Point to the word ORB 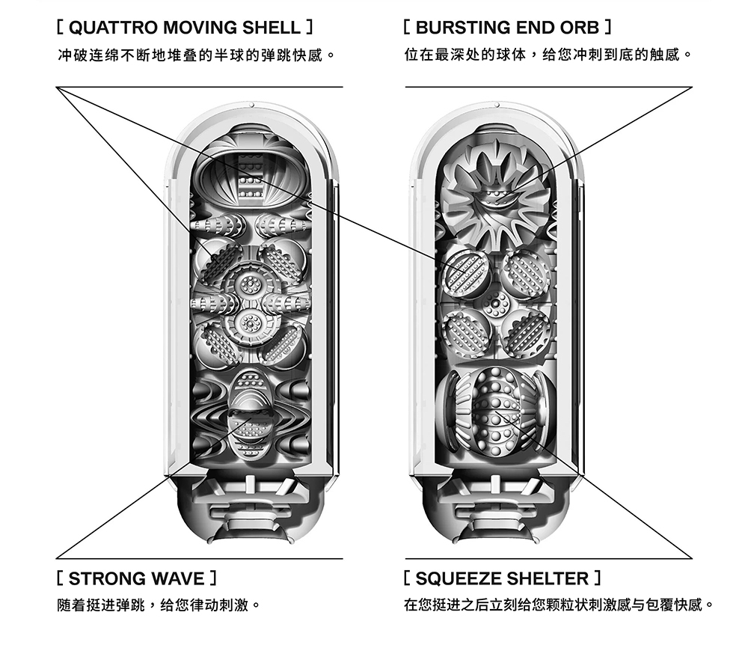click(579, 28)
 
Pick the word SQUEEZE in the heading click(457, 578)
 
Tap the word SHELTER click(549, 578)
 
